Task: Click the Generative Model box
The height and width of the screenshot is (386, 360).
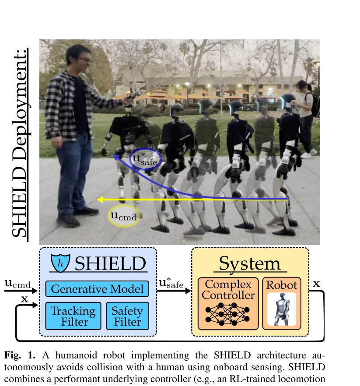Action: [97, 288]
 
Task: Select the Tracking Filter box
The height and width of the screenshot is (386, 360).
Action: [73, 316]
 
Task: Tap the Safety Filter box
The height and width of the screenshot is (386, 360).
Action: [127, 316]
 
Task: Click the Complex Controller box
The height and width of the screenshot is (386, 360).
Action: [228, 303]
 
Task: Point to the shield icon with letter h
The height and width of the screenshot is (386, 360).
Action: [60, 263]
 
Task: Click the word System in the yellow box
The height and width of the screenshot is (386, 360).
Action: [250, 263]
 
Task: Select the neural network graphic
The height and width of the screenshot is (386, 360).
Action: [227, 315]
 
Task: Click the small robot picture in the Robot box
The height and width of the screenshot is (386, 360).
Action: [282, 309]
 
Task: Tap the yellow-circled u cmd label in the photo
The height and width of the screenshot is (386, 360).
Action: [124, 216]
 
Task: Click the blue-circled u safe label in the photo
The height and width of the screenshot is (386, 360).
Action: [145, 159]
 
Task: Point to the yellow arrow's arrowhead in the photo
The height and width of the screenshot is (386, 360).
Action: [100, 200]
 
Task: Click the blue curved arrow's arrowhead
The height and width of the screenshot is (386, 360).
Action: [116, 157]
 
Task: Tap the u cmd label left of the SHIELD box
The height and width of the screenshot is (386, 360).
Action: [18, 284]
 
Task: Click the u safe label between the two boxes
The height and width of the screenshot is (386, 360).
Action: [171, 283]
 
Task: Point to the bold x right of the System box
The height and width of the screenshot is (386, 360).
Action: [316, 284]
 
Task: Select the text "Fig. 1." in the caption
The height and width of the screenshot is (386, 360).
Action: [20, 355]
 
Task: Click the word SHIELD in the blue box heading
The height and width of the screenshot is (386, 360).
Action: [110, 263]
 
